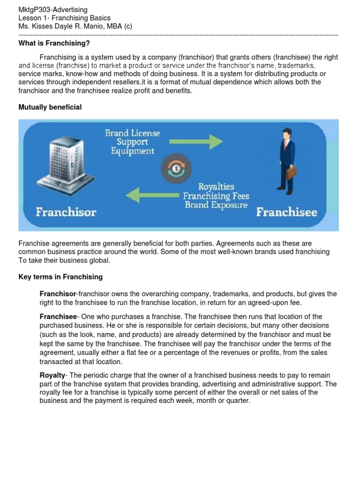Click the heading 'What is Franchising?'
click(54, 44)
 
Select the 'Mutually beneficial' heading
click(50, 107)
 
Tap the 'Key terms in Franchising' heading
click(60, 277)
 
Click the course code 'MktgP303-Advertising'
click(53, 10)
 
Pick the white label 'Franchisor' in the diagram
click(66, 212)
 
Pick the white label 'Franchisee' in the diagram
click(286, 212)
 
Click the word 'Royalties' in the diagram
click(216, 187)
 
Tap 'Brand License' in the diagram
click(132, 133)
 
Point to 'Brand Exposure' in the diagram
click(216, 205)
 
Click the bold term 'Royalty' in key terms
click(52, 375)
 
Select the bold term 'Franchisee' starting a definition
click(57, 317)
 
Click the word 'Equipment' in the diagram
click(132, 151)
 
